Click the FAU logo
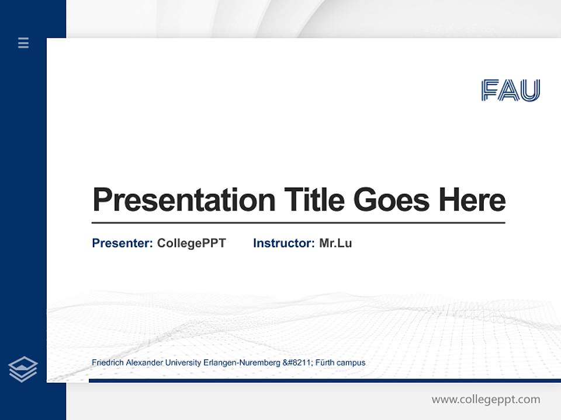(x=511, y=90)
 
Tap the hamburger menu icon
(x=23, y=43)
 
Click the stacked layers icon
(x=23, y=369)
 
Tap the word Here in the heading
(x=472, y=199)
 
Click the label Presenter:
(x=123, y=243)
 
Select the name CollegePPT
(x=191, y=243)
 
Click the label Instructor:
(x=284, y=243)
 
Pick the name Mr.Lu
(x=335, y=243)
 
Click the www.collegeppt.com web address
(x=486, y=400)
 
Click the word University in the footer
(x=183, y=363)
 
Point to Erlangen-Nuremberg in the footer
(x=241, y=363)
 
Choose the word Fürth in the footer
(x=325, y=363)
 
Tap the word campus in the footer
(x=352, y=363)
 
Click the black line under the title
(x=298, y=222)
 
